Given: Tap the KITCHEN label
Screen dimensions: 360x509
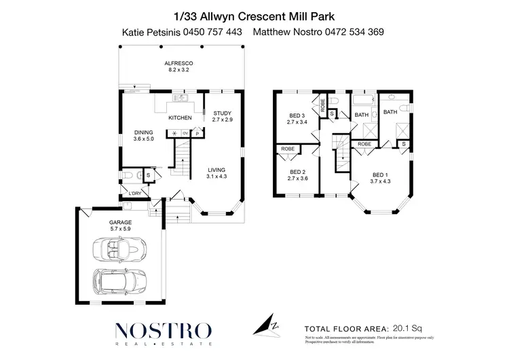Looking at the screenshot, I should pos(181,118).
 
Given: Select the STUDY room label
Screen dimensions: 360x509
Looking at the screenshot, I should pos(222,113).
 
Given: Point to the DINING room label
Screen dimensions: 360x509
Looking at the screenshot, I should pos(144,132).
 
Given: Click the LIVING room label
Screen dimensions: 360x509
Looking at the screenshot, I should pos(216,170).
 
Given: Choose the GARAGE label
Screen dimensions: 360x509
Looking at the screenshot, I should pos(120,222).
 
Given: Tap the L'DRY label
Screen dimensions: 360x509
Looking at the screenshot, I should pos(135,194).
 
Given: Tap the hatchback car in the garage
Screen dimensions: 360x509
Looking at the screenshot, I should pos(119,281).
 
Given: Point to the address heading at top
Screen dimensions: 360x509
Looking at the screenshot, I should pos(254,14).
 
